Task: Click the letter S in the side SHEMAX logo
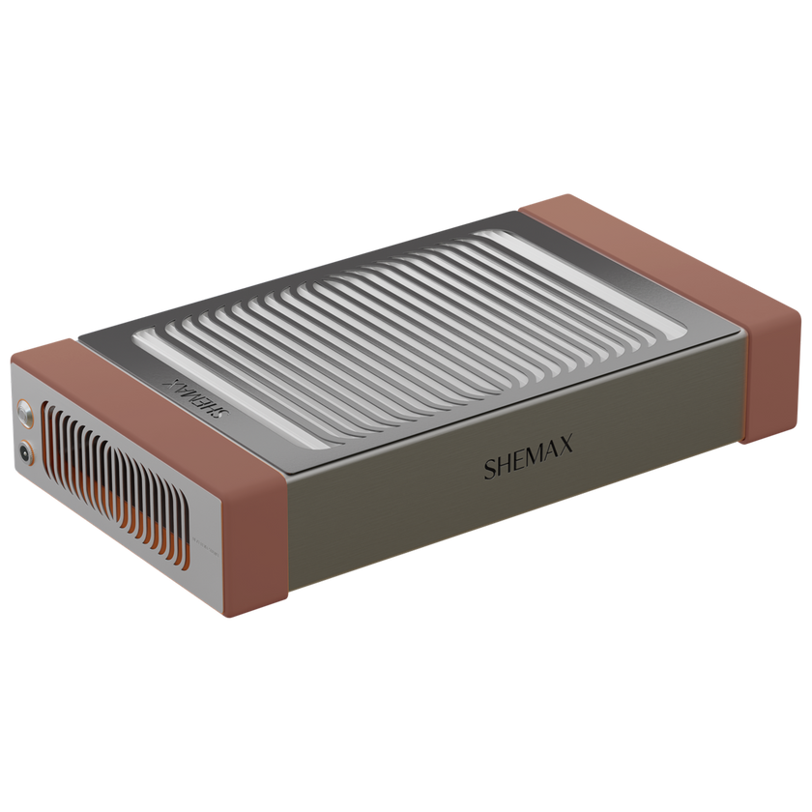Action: point(491,471)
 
